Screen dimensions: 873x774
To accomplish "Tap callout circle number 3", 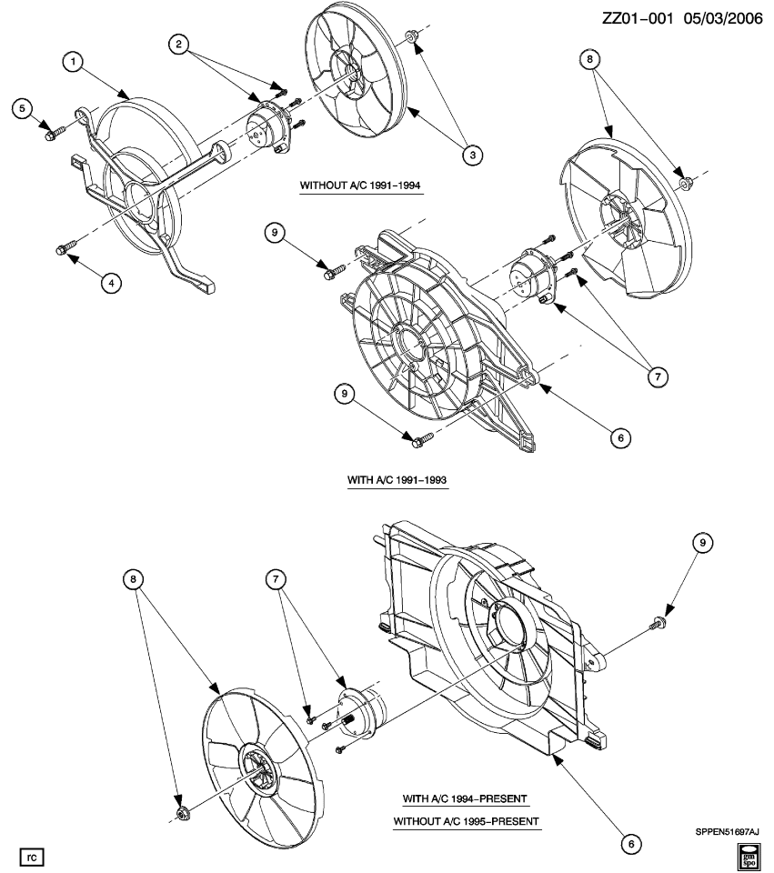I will tap(471, 155).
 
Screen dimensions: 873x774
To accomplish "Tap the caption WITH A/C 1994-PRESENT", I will tap(466, 798).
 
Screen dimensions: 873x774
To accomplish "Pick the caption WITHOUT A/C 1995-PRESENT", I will tap(466, 821).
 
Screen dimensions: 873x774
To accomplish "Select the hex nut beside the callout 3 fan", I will tap(411, 38).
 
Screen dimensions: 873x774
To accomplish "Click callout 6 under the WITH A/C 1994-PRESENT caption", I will tap(628, 842).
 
